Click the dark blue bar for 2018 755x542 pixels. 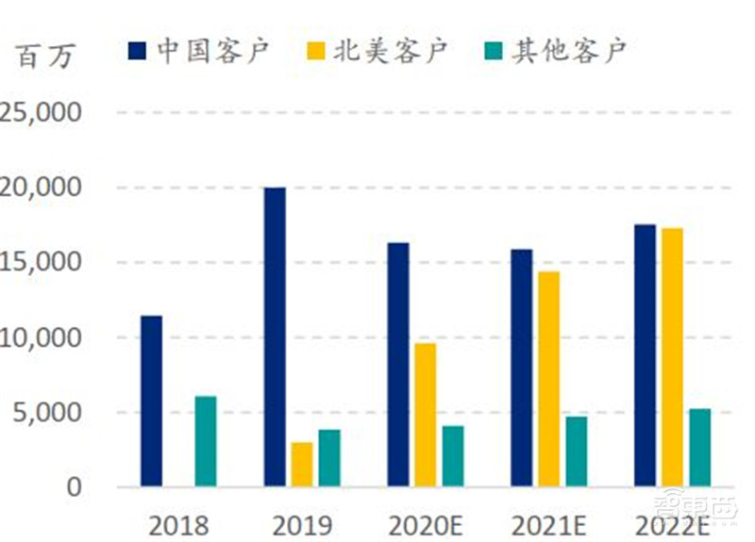coord(151,401)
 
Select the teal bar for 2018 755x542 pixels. coord(206,441)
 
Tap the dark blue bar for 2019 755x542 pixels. coord(275,337)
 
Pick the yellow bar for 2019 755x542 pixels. coord(302,464)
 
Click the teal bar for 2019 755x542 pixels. coord(329,458)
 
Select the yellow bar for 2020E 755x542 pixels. coord(426,415)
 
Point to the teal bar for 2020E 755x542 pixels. coord(453,456)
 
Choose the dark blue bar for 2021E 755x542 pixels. coord(521,368)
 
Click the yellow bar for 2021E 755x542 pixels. coord(548,379)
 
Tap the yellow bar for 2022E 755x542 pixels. coord(672,357)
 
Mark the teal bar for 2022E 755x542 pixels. coord(699,448)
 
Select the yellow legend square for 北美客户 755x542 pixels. coord(316,50)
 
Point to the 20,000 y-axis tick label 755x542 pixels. coord(43,188)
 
